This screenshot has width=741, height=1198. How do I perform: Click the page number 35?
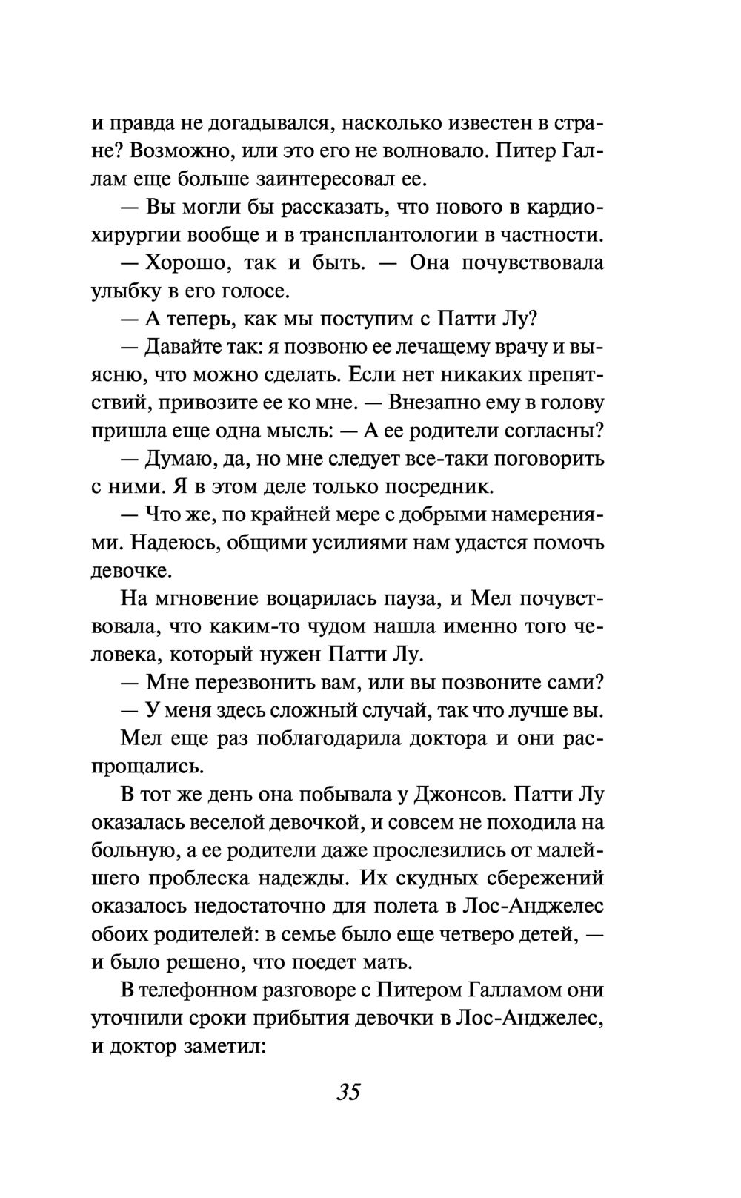(x=348, y=1092)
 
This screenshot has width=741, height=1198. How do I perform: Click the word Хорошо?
(x=182, y=263)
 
